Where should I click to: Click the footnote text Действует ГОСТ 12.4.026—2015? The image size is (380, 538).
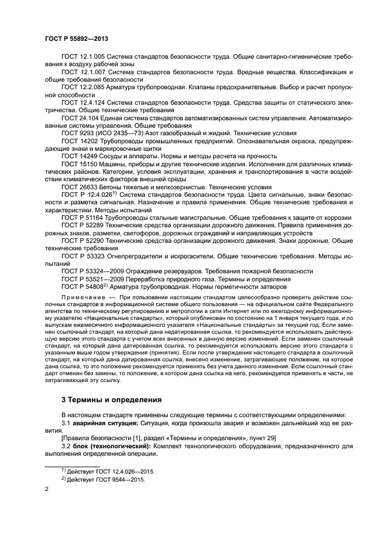pyautogui.click(x=110, y=471)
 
